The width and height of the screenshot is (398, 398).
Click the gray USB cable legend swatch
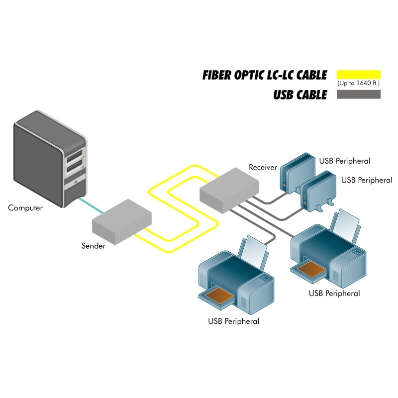point(358,94)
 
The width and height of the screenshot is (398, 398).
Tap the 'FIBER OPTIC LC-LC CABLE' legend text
point(264,75)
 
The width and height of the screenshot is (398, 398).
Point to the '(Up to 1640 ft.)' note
point(358,83)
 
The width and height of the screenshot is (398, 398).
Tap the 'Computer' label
point(25,208)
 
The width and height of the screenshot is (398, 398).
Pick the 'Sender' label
point(94,246)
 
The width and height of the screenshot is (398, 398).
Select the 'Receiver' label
point(263,167)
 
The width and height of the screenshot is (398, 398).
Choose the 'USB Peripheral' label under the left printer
point(233,321)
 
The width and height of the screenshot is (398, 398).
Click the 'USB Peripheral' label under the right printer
point(334,294)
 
